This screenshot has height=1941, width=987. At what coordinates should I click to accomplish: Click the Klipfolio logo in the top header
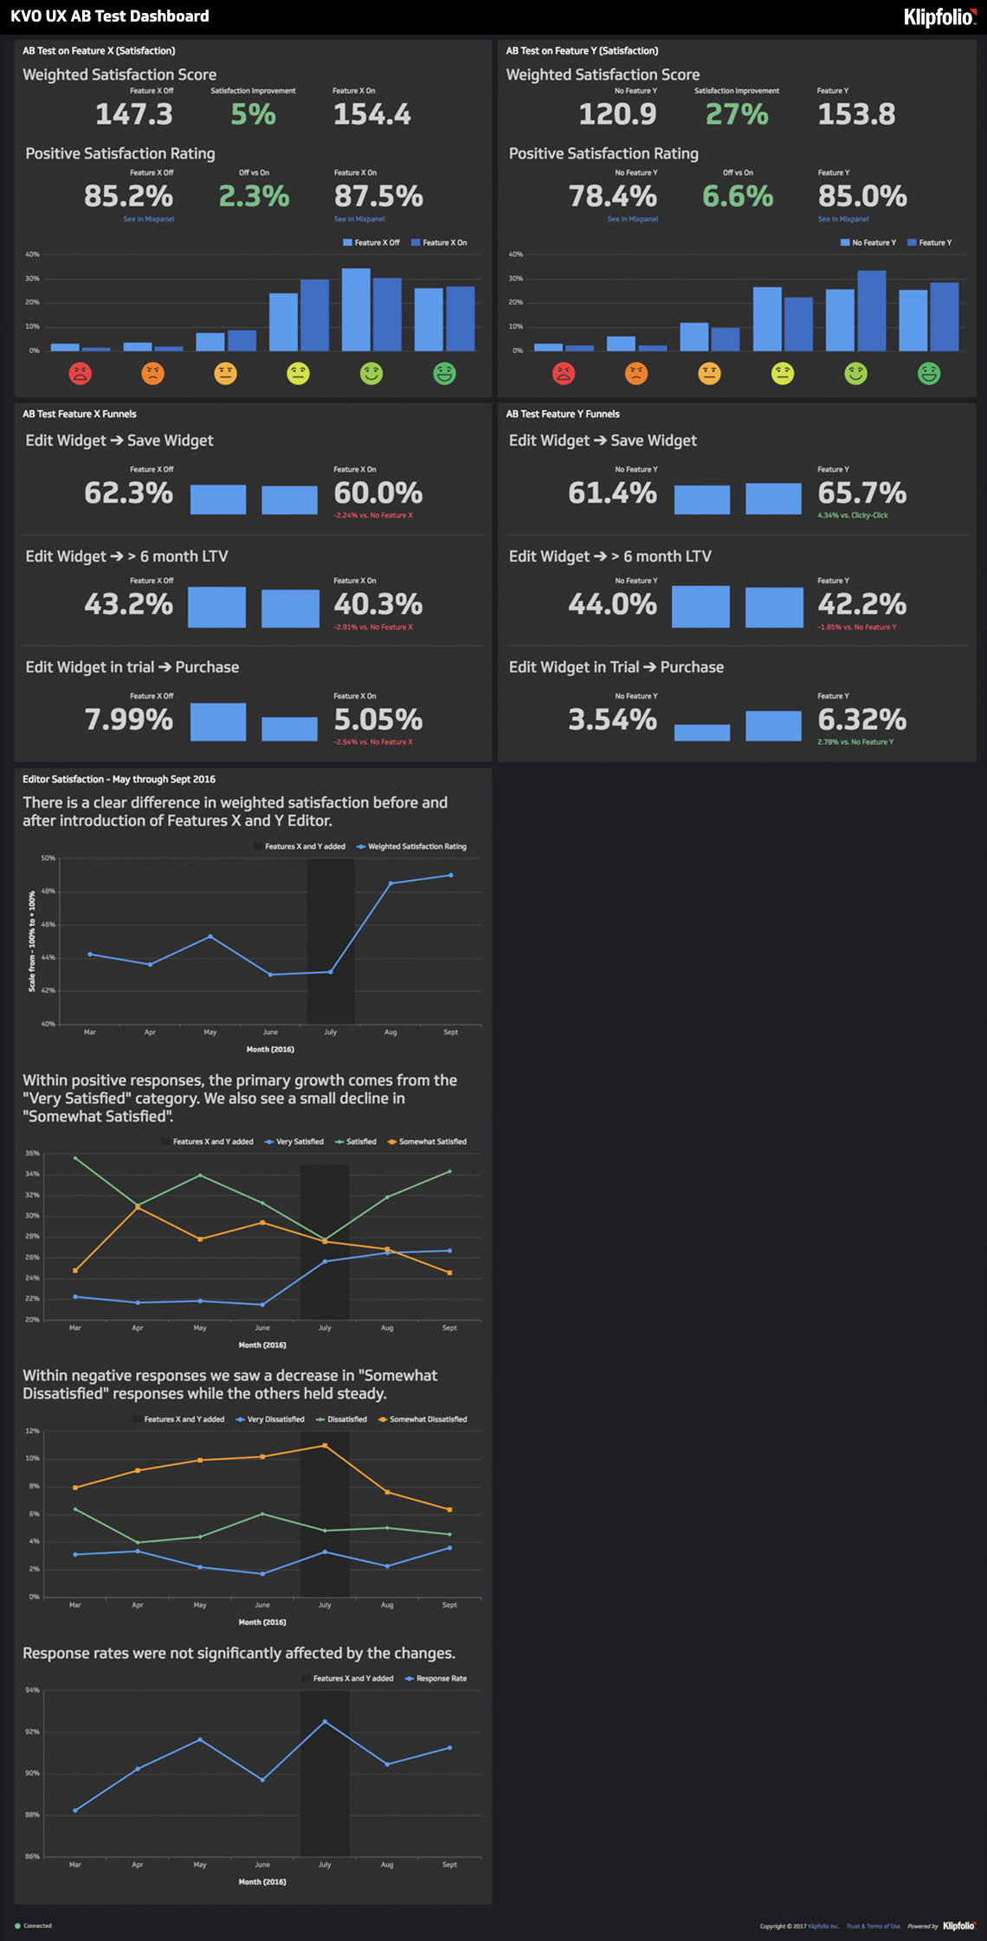click(x=939, y=16)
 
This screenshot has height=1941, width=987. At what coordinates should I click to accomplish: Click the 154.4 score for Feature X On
click(x=372, y=114)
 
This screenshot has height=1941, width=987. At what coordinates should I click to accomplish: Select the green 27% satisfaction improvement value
click(x=737, y=114)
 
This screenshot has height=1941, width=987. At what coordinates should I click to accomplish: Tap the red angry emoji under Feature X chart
click(x=81, y=374)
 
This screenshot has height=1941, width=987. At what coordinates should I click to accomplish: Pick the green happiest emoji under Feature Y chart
click(x=929, y=374)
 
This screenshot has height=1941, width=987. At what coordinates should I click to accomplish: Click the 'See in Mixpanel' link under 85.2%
click(x=149, y=220)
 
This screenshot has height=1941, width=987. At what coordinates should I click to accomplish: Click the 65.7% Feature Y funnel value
click(x=861, y=493)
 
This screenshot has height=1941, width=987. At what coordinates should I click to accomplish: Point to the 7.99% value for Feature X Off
click(x=129, y=720)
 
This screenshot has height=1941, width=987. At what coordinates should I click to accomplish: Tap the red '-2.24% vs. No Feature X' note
click(x=373, y=516)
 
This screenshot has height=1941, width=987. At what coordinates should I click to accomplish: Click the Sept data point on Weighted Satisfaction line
click(x=451, y=875)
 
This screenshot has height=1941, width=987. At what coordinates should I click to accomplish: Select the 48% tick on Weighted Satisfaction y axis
click(x=48, y=891)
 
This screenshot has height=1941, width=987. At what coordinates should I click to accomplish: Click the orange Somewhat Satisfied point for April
click(x=138, y=1206)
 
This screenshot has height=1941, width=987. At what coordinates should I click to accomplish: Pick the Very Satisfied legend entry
click(x=294, y=1141)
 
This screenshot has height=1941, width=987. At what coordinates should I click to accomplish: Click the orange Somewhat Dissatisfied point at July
click(x=325, y=1445)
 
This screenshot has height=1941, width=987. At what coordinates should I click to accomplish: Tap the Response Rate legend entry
click(x=436, y=1678)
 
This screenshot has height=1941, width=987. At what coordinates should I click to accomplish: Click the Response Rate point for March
click(x=75, y=1809)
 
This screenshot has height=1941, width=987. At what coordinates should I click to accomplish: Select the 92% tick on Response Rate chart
click(x=32, y=1732)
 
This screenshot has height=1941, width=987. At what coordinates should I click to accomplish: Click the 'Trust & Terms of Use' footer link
click(x=873, y=1926)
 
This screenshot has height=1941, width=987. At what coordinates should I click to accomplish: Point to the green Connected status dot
click(x=17, y=1925)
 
